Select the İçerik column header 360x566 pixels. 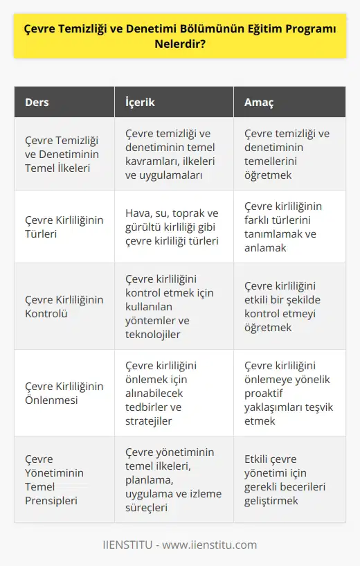click(x=141, y=102)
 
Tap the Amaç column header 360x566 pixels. click(x=260, y=102)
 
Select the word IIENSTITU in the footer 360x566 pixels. click(x=129, y=545)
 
